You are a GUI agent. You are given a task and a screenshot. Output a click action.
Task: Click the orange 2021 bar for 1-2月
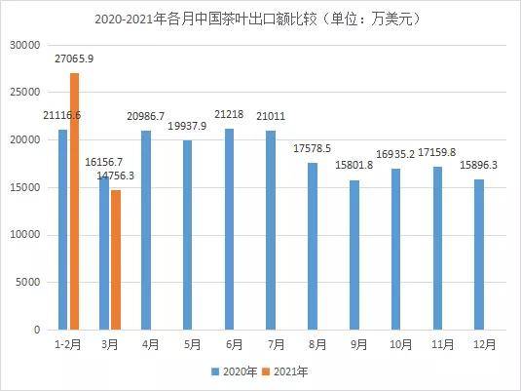pyautogui.click(x=74, y=201)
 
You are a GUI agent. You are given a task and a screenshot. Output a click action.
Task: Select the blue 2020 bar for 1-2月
pyautogui.click(x=62, y=229)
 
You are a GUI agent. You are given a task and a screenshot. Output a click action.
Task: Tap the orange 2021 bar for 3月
pyautogui.click(x=116, y=260)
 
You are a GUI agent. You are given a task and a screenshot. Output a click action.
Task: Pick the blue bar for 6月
pyautogui.click(x=229, y=229)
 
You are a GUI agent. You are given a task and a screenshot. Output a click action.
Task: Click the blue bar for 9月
pyautogui.click(x=354, y=254)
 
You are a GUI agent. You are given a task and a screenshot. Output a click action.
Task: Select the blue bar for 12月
pyautogui.click(x=479, y=254)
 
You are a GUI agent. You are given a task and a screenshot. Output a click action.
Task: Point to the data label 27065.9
pyautogui.click(x=74, y=59)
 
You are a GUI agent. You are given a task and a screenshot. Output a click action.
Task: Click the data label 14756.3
pyautogui.click(x=116, y=176)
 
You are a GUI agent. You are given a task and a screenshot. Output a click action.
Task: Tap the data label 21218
pyautogui.click(x=229, y=114)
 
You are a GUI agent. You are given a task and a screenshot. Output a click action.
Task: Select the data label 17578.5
pyautogui.click(x=312, y=148)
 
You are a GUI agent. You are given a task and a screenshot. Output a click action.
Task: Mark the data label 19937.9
pyautogui.click(x=187, y=126)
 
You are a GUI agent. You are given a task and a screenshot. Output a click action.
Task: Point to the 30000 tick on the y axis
pyautogui.click(x=25, y=45)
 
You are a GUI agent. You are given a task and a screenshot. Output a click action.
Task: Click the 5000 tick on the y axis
pyautogui.click(x=28, y=282)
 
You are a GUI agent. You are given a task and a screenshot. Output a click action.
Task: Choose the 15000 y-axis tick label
pyautogui.click(x=25, y=187)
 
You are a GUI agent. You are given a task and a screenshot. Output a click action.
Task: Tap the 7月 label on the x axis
pyautogui.click(x=276, y=344)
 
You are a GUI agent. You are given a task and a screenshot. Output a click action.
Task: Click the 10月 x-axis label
pyautogui.click(x=400, y=344)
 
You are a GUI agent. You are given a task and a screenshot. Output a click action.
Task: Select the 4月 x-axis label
pyautogui.click(x=151, y=344)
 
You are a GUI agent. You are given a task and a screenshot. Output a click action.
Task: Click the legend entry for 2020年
pyautogui.click(x=235, y=371)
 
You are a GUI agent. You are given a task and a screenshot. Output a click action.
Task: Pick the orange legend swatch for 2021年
pyautogui.click(x=266, y=371)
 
